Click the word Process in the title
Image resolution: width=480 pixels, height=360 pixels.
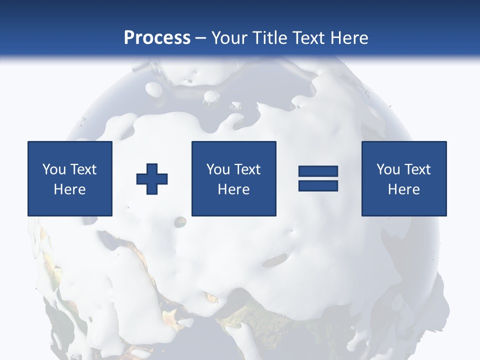[157, 38]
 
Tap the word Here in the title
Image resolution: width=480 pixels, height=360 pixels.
[348, 38]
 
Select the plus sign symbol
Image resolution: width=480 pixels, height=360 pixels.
[152, 178]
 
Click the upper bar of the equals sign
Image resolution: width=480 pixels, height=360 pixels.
[318, 171]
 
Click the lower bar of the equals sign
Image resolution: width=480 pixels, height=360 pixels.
[318, 185]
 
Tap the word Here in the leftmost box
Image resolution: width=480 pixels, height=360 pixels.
[70, 189]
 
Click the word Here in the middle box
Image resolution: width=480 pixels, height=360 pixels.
[234, 189]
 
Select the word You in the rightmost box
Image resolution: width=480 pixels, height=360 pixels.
[388, 169]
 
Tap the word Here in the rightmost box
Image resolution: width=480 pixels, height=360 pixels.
[404, 189]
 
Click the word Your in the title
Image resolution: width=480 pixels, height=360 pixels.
[230, 38]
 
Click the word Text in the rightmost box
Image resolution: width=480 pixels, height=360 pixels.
[417, 169]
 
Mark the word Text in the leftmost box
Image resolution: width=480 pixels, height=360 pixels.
[83, 169]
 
